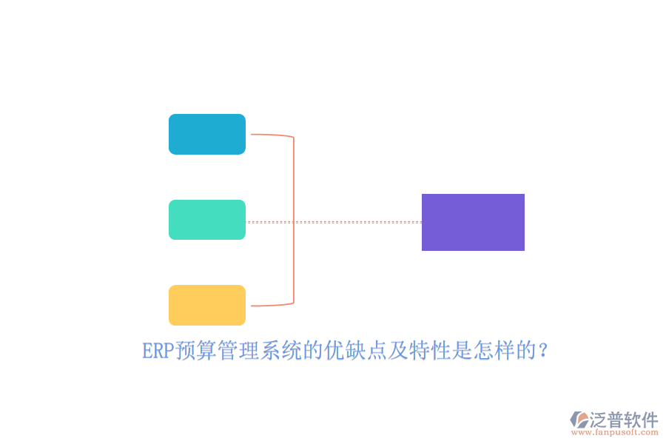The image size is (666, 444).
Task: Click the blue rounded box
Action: click(207, 134)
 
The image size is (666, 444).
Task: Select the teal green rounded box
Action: click(207, 220)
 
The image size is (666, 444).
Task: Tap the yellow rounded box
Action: click(207, 305)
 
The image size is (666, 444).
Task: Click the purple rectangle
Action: click(473, 222)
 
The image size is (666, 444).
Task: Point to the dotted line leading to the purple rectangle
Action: click(334, 222)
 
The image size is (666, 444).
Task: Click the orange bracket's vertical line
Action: click(294, 220)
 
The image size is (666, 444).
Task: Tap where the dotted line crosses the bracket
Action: click(294, 222)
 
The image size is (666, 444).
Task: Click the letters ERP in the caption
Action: click(158, 351)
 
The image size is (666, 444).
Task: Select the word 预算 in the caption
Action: click(196, 351)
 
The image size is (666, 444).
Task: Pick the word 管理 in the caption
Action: click(238, 351)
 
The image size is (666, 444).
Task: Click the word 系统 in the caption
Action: click(280, 351)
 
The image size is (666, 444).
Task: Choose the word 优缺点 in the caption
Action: click(355, 351)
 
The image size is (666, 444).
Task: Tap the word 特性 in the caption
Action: click(430, 351)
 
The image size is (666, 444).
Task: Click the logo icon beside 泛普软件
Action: click(579, 420)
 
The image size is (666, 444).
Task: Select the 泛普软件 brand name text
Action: click(624, 420)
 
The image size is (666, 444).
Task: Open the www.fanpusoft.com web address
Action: click(615, 432)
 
